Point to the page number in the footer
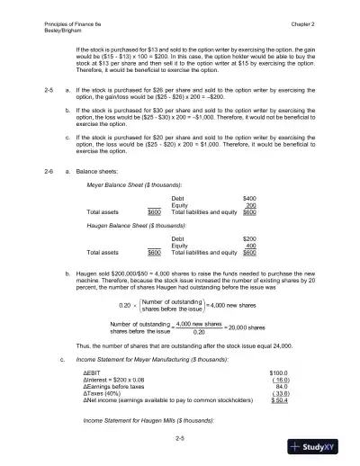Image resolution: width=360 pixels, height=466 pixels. tap(180, 437)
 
